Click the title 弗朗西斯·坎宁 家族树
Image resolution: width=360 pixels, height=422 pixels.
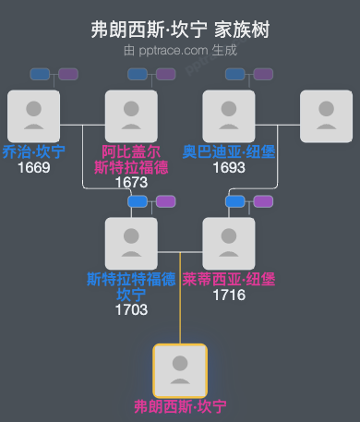click(180, 30)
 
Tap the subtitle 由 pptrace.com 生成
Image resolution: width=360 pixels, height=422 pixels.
click(180, 51)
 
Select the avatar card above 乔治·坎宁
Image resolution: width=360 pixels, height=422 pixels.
click(33, 115)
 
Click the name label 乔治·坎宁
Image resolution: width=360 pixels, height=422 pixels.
click(33, 151)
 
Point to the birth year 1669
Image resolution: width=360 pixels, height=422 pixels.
click(33, 167)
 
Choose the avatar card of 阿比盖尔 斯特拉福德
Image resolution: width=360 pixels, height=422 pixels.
click(131, 115)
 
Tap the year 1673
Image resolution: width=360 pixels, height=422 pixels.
click(131, 182)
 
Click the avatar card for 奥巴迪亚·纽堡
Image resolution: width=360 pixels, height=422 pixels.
click(229, 115)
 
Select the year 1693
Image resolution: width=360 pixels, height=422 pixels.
click(229, 167)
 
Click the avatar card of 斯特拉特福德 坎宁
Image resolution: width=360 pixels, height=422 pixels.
click(131, 243)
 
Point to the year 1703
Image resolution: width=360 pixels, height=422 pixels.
click(131, 309)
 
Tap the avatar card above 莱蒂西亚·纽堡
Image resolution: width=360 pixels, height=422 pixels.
click(229, 243)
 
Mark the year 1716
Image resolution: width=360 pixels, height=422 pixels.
click(229, 295)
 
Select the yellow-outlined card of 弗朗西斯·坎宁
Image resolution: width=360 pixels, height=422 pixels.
click(180, 370)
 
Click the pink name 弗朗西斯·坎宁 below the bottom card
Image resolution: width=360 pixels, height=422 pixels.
click(180, 406)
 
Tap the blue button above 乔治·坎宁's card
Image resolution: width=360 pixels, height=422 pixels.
click(40, 74)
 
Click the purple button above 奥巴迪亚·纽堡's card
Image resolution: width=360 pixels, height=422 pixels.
click(263, 74)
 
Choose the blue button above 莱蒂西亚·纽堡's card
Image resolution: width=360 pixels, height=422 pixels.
click(235, 201)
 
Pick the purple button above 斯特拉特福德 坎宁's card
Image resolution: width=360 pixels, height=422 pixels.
click(165, 201)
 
